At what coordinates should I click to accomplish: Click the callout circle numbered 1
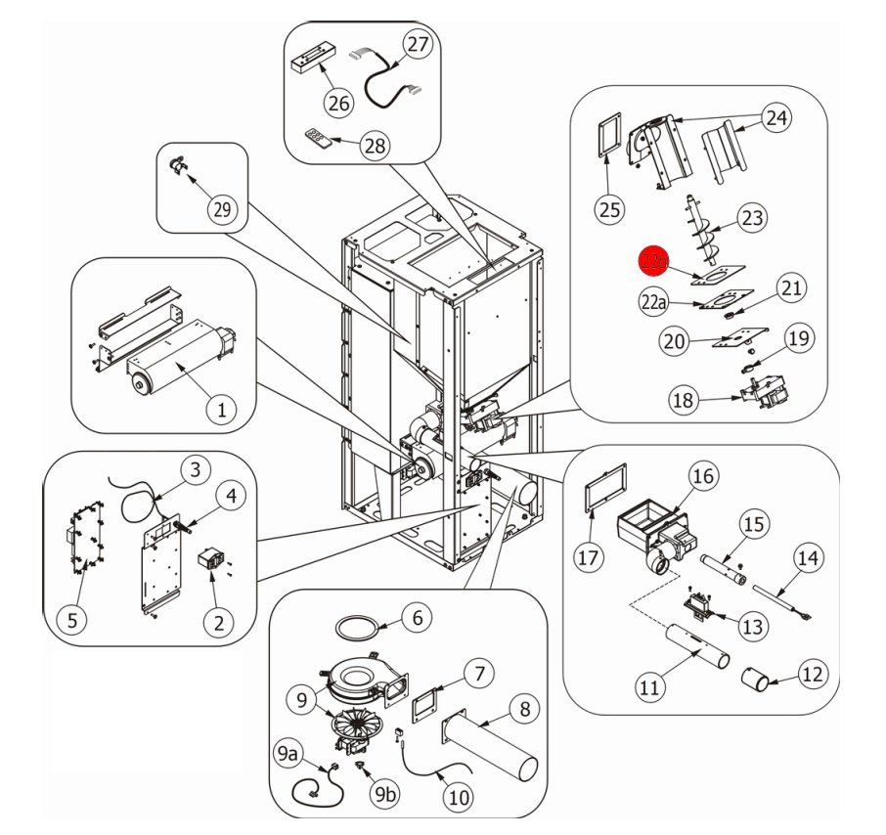point(222,411)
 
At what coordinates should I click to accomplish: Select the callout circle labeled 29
point(222,207)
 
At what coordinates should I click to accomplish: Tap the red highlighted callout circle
point(653,262)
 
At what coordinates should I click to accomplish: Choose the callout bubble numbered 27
point(418,45)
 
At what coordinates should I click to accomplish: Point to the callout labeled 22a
point(654,304)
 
